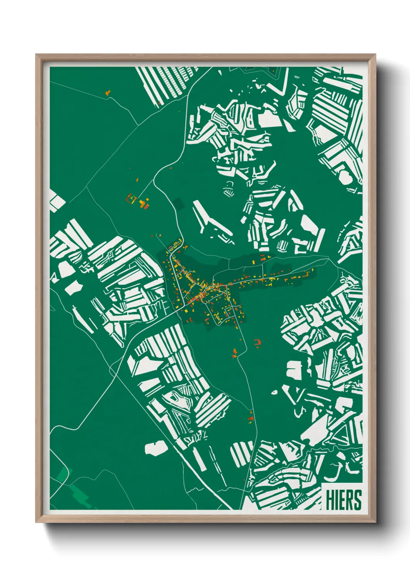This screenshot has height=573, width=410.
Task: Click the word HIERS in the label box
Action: [x=343, y=500]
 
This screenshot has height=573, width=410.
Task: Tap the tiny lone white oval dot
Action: [x=275, y=393]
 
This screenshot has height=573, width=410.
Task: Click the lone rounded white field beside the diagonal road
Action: [x=157, y=448]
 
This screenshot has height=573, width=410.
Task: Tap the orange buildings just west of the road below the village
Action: [x=234, y=352]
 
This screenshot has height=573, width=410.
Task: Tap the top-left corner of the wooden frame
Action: [x=36, y=55]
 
